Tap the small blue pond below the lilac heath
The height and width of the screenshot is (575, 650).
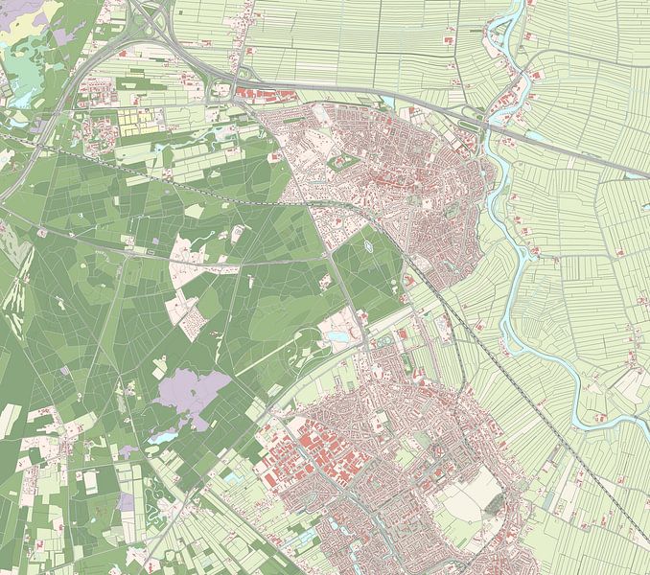163,437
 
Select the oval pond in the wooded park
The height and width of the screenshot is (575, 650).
370,252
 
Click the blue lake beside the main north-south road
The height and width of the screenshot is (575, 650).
339,337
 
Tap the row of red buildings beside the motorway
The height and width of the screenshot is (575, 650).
264,95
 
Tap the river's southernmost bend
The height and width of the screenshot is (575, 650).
585,422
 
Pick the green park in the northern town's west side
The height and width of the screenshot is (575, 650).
343,163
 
